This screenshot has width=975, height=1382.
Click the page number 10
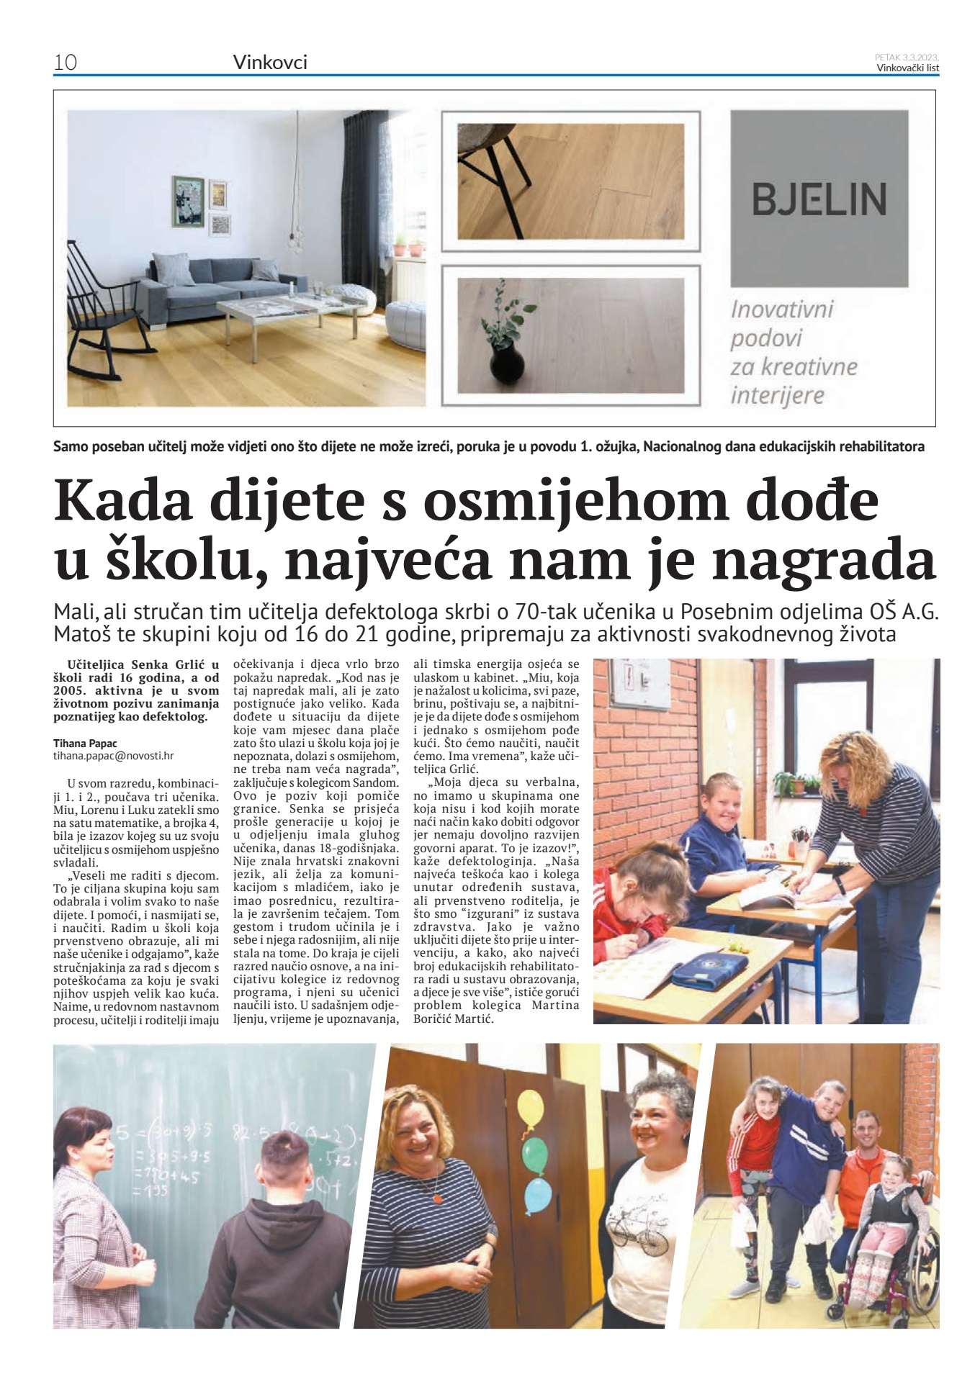click(x=66, y=63)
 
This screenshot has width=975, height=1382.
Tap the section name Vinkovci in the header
click(x=270, y=63)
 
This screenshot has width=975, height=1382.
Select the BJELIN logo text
click(x=819, y=199)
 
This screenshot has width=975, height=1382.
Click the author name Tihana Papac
click(x=85, y=743)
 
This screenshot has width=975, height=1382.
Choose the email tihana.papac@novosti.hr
click(x=113, y=756)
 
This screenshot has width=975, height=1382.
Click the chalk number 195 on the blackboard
click(x=150, y=1192)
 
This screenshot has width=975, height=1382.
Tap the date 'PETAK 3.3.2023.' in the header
click(x=907, y=57)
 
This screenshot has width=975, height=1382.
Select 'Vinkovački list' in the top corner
click(x=907, y=68)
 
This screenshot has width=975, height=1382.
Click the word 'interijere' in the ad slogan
click(x=777, y=395)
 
